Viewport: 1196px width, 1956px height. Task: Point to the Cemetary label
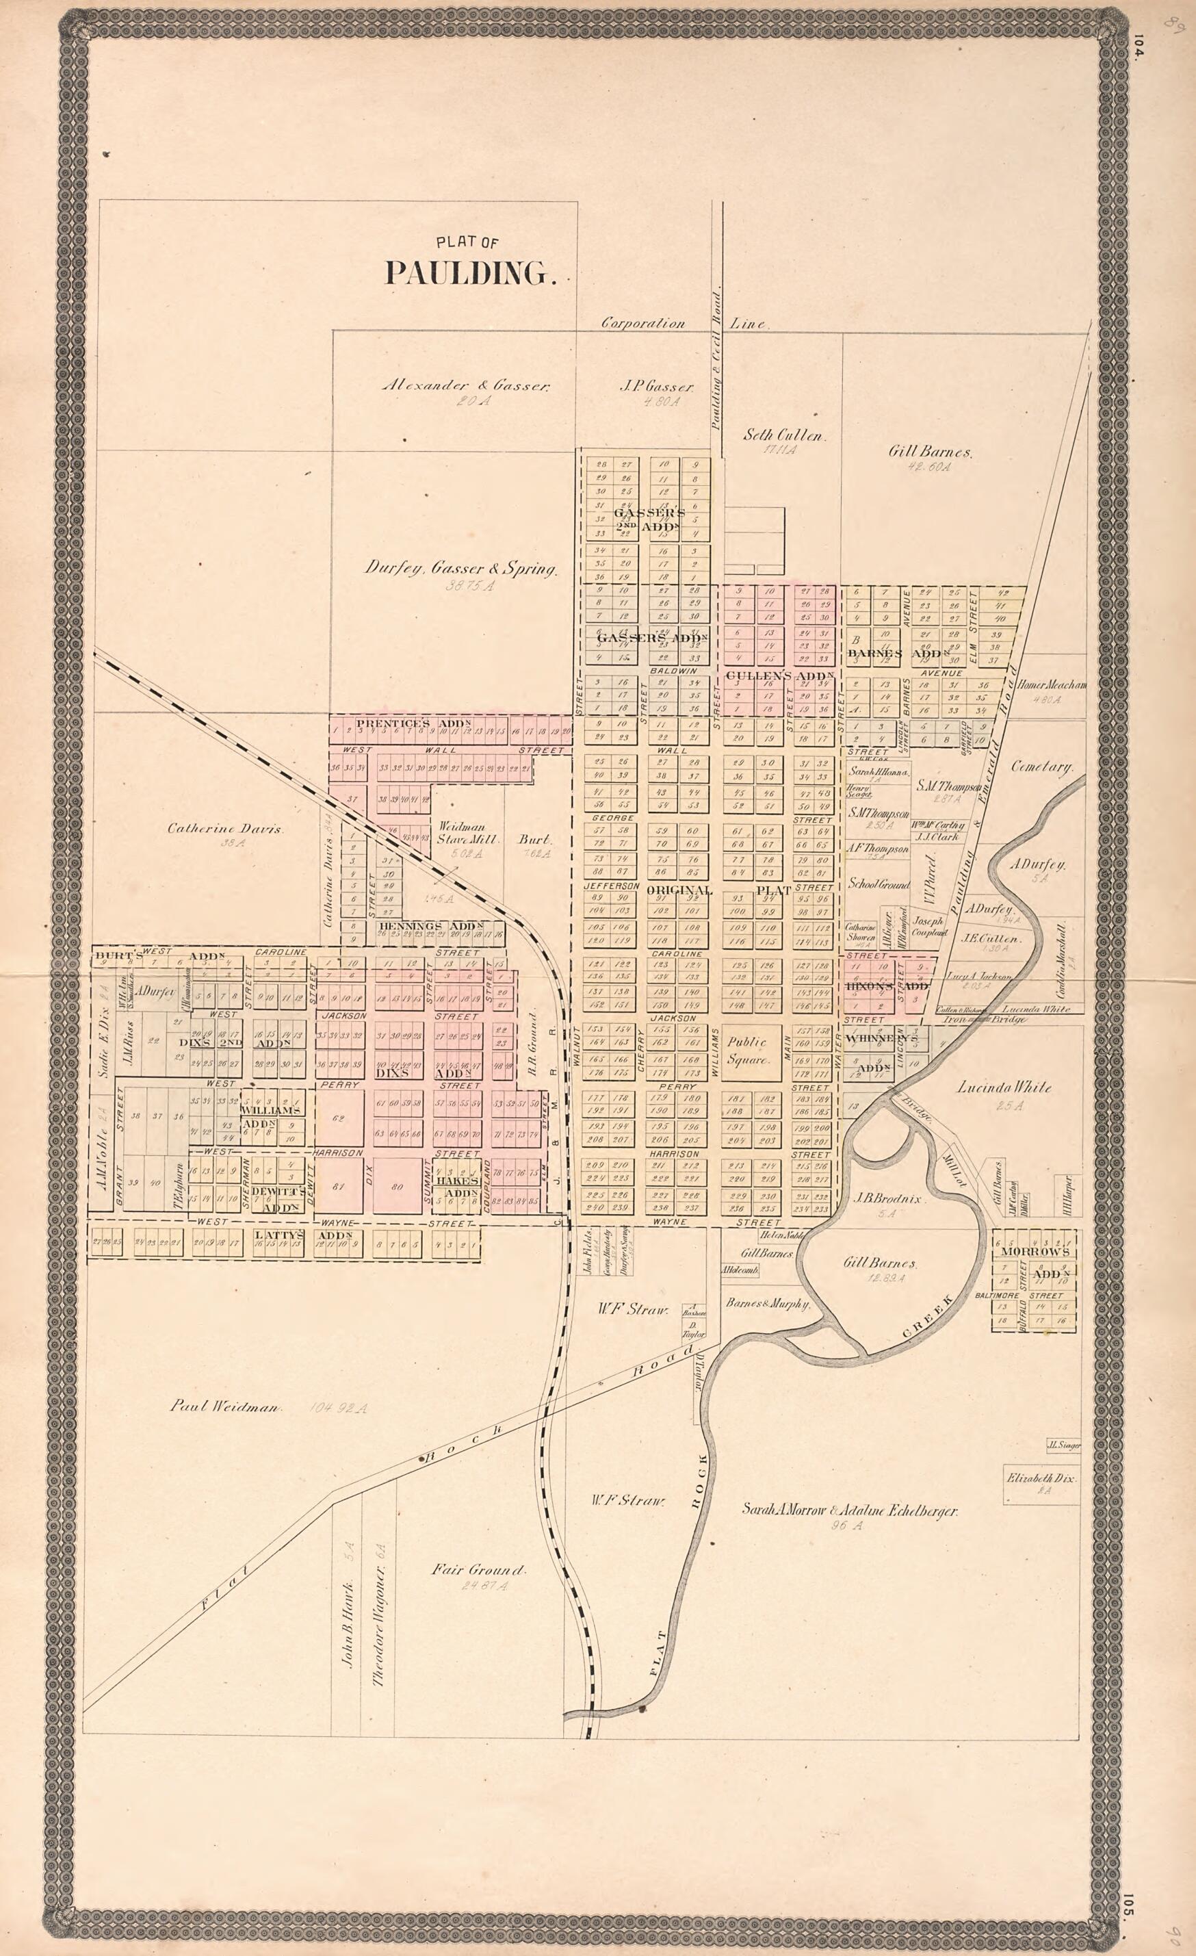click(1042, 768)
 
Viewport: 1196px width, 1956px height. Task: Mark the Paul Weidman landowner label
click(224, 1406)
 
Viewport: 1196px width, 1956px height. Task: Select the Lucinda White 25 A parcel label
click(1004, 1088)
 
